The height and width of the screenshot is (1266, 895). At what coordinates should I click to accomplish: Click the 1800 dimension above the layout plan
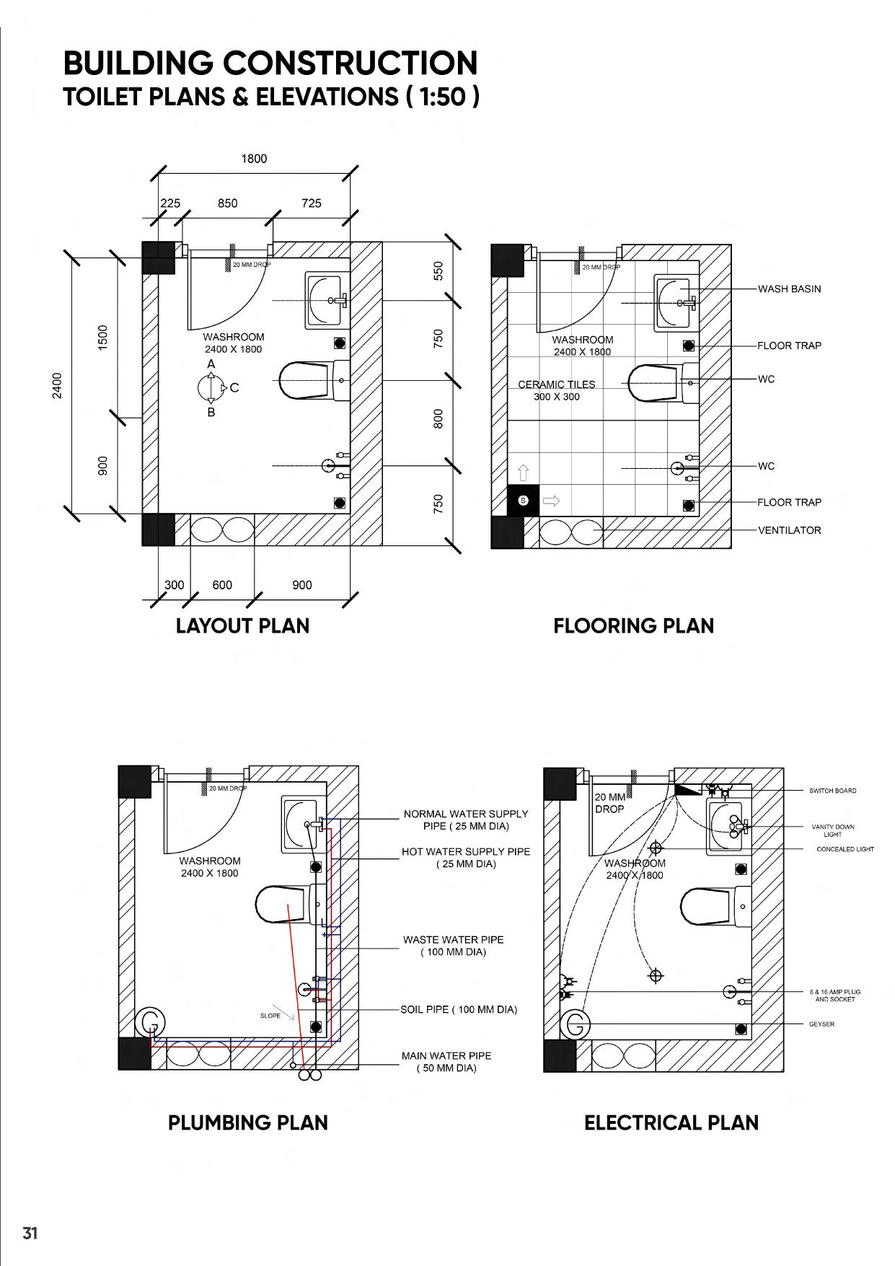pyautogui.click(x=254, y=159)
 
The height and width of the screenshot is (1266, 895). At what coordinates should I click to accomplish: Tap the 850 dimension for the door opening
pyautogui.click(x=227, y=203)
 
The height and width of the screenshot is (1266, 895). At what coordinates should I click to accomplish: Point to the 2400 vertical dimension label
pyautogui.click(x=57, y=385)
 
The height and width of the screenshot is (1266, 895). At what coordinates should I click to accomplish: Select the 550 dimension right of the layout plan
pyautogui.click(x=438, y=271)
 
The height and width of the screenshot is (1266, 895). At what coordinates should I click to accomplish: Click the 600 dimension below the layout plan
pyautogui.click(x=222, y=585)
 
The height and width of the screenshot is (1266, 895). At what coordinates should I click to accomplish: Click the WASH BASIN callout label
pyautogui.click(x=789, y=289)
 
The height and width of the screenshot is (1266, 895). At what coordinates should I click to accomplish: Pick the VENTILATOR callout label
pyautogui.click(x=789, y=530)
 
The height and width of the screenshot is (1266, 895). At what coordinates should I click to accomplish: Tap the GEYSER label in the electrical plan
pyautogui.click(x=821, y=1024)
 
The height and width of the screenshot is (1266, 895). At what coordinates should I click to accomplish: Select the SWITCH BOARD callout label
pyautogui.click(x=832, y=791)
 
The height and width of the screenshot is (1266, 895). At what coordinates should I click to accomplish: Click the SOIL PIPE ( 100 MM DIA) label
pyautogui.click(x=459, y=1009)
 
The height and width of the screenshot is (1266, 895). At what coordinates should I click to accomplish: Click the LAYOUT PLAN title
pyautogui.click(x=242, y=625)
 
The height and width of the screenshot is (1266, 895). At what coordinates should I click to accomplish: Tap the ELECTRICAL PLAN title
pyautogui.click(x=671, y=1122)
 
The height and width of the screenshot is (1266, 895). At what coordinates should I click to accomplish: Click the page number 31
pyautogui.click(x=30, y=1233)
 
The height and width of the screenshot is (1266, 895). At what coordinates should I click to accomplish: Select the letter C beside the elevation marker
pyautogui.click(x=234, y=388)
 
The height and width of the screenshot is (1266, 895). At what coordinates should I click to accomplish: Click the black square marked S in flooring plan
pyautogui.click(x=524, y=501)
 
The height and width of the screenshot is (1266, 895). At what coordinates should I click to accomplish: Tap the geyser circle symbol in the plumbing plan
pyautogui.click(x=151, y=1022)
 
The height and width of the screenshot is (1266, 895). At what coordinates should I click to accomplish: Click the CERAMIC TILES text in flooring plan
pyautogui.click(x=557, y=384)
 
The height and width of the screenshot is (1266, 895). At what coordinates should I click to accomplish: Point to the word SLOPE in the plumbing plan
pyautogui.click(x=270, y=1016)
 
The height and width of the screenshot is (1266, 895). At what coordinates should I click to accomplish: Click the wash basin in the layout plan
pyautogui.click(x=327, y=299)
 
